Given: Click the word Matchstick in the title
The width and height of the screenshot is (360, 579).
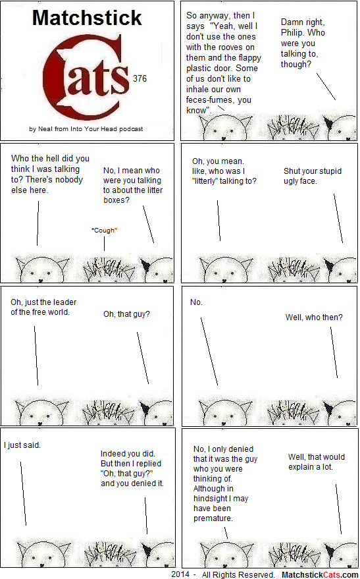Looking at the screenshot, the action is coord(87,18).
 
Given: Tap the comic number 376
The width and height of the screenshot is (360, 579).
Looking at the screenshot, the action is coord(140,78).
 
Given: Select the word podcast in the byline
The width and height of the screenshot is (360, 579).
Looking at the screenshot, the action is coord(131,129).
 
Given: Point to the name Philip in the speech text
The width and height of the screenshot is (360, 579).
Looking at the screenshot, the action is coord(293,33).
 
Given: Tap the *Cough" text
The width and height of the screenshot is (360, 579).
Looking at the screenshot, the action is coord(105,231).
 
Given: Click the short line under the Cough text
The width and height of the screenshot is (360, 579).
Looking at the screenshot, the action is coord(104,244).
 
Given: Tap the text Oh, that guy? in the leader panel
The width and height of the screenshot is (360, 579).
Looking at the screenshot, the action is coord(126,314).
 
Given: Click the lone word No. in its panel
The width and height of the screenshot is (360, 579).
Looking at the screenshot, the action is coord(196,302).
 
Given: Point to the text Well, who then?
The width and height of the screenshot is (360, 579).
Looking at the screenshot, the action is coord(314,317).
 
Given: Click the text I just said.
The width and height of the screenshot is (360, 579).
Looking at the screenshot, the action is coord(22,445).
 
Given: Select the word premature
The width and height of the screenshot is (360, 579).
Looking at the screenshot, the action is coord(213,518).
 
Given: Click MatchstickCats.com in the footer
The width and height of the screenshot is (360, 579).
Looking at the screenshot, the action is coord(319,574).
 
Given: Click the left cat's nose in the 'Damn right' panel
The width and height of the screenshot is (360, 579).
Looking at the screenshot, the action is coord(224,138).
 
